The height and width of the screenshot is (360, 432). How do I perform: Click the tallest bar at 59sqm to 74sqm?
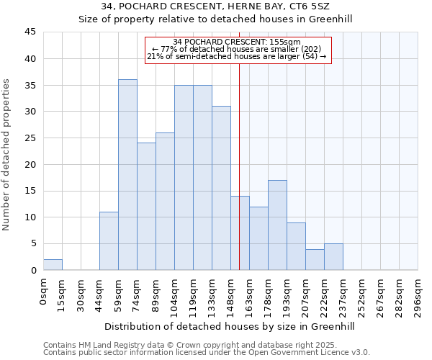click(127, 175)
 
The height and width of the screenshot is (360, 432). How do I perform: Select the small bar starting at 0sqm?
click(53, 265)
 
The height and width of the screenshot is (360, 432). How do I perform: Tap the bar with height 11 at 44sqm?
click(109, 241)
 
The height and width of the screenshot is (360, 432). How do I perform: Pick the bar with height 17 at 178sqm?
click(277, 225)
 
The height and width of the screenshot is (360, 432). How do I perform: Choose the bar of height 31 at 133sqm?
click(221, 188)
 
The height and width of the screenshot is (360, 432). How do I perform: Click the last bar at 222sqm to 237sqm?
click(333, 257)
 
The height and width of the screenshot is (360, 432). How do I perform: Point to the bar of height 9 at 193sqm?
click(296, 246)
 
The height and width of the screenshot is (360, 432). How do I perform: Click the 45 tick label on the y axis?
click(30, 32)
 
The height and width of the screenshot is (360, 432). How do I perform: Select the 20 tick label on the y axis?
click(30, 164)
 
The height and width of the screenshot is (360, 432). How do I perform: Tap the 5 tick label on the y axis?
click(33, 243)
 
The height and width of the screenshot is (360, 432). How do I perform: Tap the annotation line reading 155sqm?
click(238, 42)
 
